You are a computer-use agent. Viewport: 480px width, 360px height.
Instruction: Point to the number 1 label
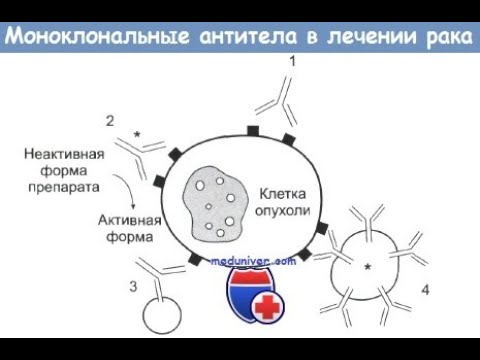coord(292,63)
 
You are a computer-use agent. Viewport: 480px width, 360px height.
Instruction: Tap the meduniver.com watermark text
coord(254,260)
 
